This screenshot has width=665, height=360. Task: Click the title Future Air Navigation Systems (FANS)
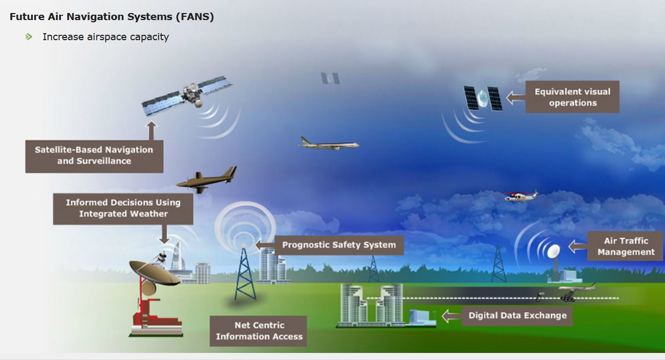click(112, 17)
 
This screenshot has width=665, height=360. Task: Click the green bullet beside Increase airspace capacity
click(29, 37)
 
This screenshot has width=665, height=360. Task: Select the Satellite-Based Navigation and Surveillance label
click(94, 155)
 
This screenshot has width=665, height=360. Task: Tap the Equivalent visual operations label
click(572, 97)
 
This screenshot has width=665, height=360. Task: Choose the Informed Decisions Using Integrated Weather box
click(123, 208)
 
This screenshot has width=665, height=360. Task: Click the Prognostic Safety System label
click(338, 245)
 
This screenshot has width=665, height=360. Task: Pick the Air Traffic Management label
click(625, 247)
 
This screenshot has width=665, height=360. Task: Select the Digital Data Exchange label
click(517, 315)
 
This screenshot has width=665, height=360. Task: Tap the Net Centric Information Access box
click(259, 331)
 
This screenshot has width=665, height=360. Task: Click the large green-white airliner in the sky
click(329, 144)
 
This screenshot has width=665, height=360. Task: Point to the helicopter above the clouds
click(520, 196)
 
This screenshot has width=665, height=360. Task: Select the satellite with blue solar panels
click(187, 96)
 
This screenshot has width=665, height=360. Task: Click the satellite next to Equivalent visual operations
click(482, 98)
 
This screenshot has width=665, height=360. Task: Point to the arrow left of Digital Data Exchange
click(450, 315)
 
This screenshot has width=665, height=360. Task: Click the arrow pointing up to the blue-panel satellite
click(151, 130)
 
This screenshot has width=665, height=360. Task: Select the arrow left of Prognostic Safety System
click(264, 244)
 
